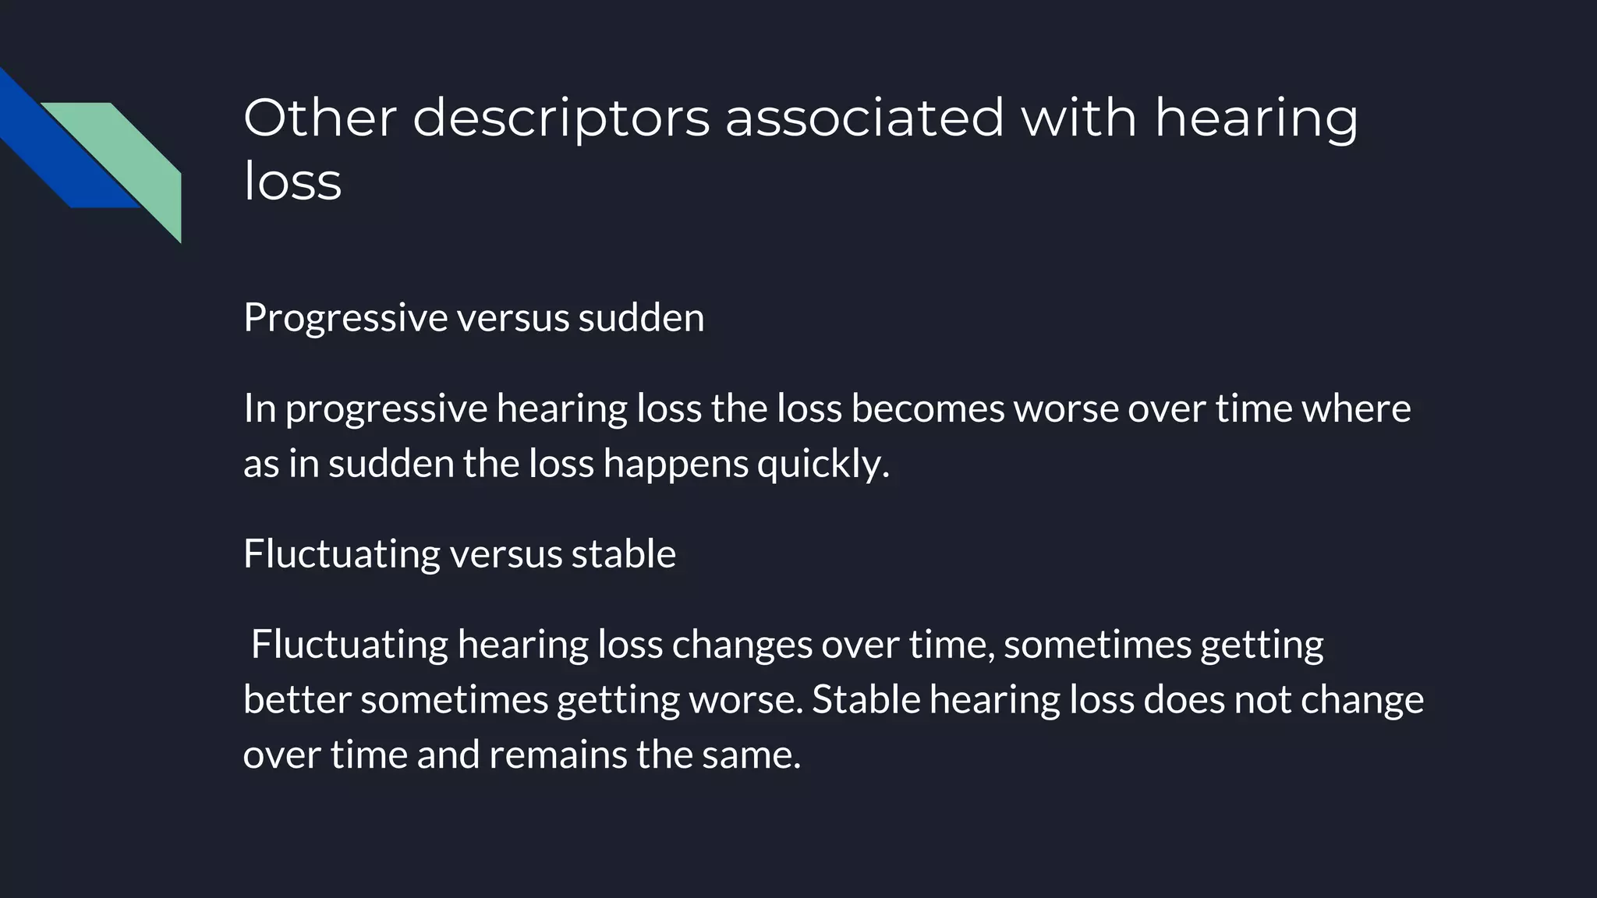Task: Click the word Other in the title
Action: point(320,118)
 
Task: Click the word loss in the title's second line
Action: point(292,182)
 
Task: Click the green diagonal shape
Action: point(133,156)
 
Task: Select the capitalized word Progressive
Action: point(345,318)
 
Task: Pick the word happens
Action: point(675,465)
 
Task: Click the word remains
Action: point(558,755)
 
